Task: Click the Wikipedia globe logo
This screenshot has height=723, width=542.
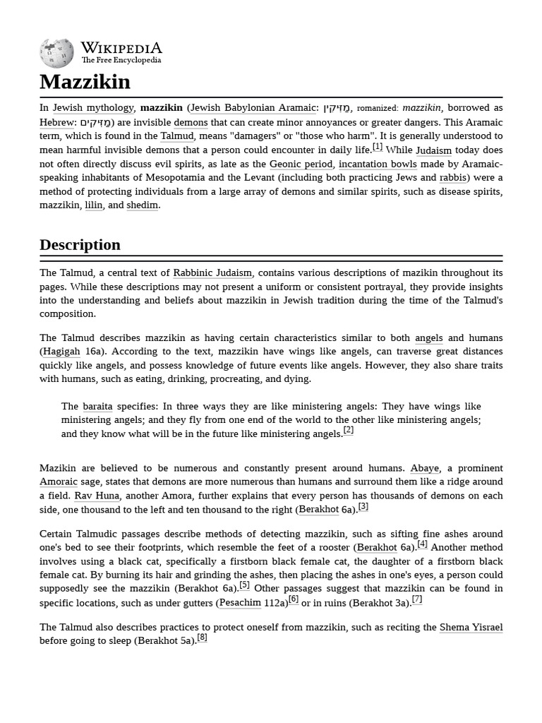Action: [56, 54]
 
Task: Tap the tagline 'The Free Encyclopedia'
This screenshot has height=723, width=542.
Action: [121, 61]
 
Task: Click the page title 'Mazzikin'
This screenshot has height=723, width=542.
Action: [85, 82]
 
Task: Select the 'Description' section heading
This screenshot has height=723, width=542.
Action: [80, 245]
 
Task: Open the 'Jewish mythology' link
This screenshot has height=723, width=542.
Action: [93, 108]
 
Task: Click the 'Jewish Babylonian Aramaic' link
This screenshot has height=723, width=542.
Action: [253, 108]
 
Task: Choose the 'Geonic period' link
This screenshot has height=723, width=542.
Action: [301, 164]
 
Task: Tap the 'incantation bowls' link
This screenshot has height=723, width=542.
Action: [378, 164]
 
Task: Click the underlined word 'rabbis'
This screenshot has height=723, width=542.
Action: [452, 178]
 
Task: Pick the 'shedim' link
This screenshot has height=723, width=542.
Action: [142, 205]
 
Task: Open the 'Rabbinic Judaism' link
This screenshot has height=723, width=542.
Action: [212, 273]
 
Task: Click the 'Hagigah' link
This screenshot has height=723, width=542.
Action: [61, 352]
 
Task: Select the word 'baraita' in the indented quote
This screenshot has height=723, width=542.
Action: [97, 407]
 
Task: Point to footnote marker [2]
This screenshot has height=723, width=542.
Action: [348, 431]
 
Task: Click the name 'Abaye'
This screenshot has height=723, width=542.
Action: [425, 468]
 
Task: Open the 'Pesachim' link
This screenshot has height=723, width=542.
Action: [240, 603]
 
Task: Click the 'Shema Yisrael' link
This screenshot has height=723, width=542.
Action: [471, 628]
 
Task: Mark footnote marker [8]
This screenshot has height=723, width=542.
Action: [202, 638]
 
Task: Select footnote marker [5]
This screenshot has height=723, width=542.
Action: [244, 585]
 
